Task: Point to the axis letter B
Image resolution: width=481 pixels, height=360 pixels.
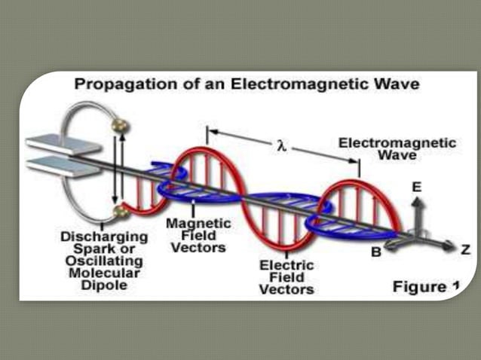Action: click(375, 252)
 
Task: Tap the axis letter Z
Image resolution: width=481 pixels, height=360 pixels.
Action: click(465, 249)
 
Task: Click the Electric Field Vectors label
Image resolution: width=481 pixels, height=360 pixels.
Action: click(286, 277)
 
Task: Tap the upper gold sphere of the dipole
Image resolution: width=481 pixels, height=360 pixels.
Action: click(118, 124)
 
